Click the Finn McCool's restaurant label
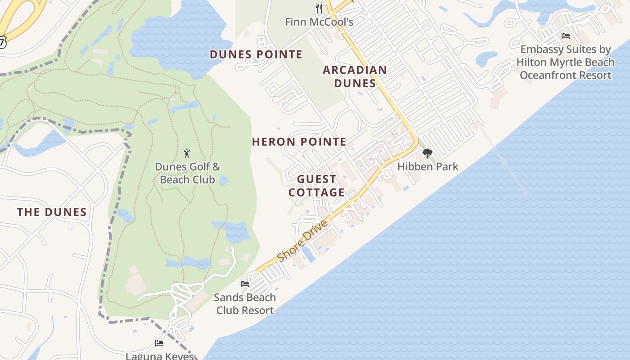pos(319,22)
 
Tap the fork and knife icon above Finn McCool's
pos(319,8)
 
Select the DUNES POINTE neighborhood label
pos(256,54)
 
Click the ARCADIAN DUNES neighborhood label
pos(355,76)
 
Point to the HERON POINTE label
pos(299,142)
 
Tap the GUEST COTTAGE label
pos(317,186)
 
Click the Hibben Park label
pos(427,166)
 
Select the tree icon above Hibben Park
pos(427,153)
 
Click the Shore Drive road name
pos(302,241)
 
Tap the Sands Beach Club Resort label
pos(245,304)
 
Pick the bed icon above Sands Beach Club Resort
pos(245,284)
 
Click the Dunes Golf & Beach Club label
pos(188,173)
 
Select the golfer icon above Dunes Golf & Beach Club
pos(187,153)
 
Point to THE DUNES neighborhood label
pos(52,212)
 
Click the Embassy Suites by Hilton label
pos(565,62)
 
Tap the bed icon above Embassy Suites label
pos(566,36)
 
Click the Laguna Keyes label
pos(160,356)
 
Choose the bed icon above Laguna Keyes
pos(159,343)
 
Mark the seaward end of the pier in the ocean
pos(526,193)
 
